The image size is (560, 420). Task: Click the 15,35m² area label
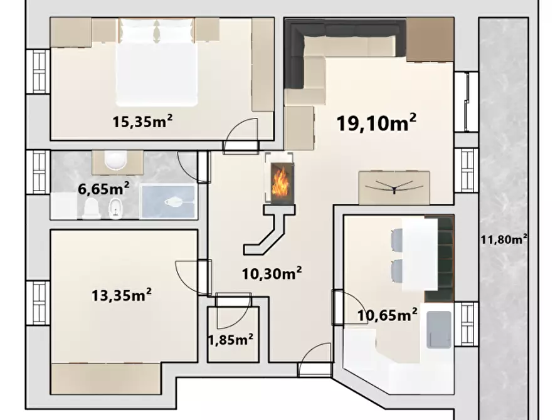142,121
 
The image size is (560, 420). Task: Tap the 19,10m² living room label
376,122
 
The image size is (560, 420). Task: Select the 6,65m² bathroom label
103,188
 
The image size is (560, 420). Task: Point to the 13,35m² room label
122,295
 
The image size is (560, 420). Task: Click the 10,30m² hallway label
272,273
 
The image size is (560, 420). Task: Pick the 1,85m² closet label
231,340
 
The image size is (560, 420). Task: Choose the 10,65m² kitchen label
387,315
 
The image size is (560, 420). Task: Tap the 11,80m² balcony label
504,239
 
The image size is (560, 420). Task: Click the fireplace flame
279,183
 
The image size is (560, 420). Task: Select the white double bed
156,63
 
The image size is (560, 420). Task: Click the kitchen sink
439,329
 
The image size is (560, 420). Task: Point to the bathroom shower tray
168,201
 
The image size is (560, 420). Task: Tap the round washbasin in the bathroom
116,159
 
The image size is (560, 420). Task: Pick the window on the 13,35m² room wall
38,303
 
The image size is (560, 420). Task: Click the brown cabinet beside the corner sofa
430,39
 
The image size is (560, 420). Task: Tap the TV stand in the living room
394,187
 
